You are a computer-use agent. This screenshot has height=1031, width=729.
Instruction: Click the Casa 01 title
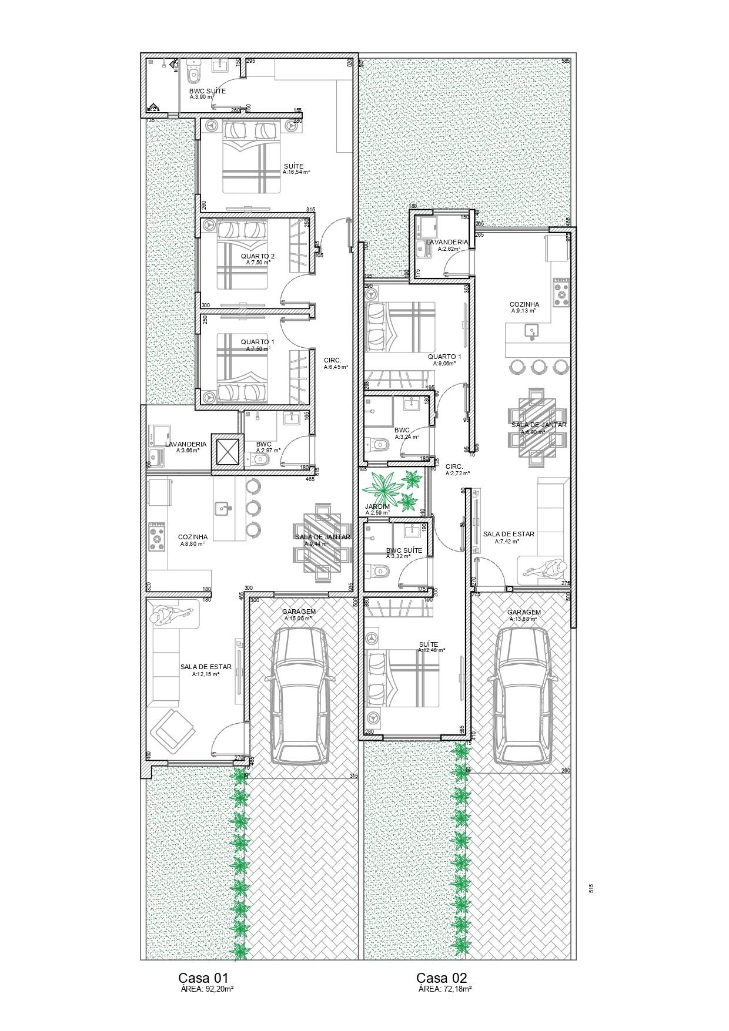click(x=203, y=978)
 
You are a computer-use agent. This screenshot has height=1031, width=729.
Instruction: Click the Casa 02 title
click(x=442, y=978)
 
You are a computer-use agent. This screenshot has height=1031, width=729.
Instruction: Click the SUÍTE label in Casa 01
click(x=293, y=166)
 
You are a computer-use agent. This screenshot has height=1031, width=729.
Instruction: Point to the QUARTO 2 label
click(x=258, y=256)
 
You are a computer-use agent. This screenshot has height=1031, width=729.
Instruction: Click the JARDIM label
click(x=377, y=506)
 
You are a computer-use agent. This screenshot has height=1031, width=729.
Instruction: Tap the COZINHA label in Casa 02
click(x=524, y=304)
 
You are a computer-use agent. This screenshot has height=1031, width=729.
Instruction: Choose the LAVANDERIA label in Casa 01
click(x=186, y=444)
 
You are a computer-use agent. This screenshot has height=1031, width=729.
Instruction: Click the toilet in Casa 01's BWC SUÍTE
click(x=193, y=73)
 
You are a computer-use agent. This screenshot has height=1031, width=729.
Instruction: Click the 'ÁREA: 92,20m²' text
click(x=207, y=989)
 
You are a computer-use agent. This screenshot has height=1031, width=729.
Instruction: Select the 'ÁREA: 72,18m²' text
click(x=445, y=989)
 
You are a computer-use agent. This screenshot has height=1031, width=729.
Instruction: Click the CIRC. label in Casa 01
click(x=332, y=360)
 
